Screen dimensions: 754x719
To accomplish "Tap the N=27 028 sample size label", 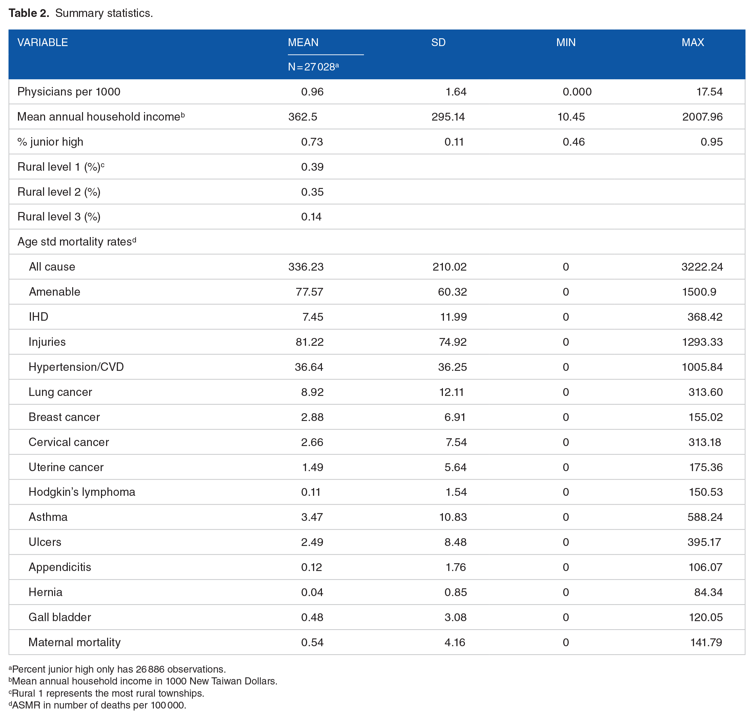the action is (x=313, y=67).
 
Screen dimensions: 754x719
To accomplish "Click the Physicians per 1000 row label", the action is (x=69, y=91).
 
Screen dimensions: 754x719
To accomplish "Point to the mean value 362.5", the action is (x=303, y=117).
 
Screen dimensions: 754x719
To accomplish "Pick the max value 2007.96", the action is (x=702, y=117).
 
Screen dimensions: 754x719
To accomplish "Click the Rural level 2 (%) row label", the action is (x=59, y=192).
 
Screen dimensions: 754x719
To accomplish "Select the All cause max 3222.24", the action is (x=702, y=267).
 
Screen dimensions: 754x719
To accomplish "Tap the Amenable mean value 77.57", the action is (x=309, y=292).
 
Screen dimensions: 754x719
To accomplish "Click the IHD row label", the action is (x=38, y=317).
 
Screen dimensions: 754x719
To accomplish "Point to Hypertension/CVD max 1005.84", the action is (x=702, y=367).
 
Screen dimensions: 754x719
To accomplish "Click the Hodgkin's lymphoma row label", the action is (x=82, y=492).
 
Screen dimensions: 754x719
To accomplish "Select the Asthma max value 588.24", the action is (x=705, y=517).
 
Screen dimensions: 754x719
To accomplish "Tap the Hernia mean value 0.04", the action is (x=312, y=592).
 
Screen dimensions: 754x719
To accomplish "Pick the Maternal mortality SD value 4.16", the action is (x=454, y=642).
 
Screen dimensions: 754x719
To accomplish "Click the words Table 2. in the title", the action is (x=29, y=13).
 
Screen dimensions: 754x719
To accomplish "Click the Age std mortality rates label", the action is (x=77, y=241).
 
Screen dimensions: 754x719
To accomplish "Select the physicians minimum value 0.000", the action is (x=577, y=91).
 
